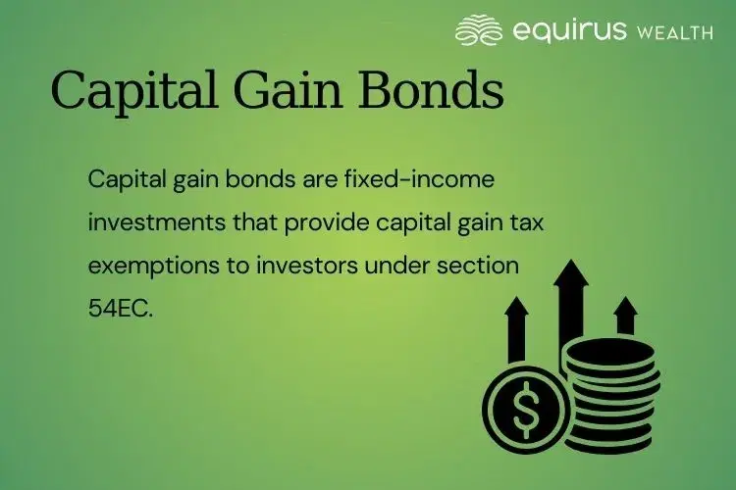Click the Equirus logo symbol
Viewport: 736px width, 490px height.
pos(480,30)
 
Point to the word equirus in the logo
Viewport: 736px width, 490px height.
pos(567,30)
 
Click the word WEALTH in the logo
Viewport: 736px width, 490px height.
pos(674,32)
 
